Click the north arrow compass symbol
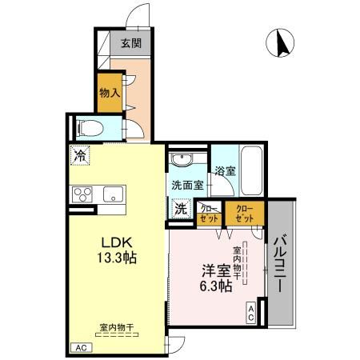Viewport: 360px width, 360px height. click(x=282, y=42)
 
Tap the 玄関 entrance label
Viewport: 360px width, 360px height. click(x=132, y=44)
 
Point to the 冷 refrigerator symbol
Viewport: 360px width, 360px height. click(x=79, y=155)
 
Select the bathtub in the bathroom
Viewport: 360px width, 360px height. click(x=252, y=170)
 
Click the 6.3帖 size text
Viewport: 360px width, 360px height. click(x=216, y=286)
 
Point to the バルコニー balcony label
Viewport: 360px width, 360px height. click(x=282, y=268)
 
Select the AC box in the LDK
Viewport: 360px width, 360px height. click(x=80, y=347)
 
